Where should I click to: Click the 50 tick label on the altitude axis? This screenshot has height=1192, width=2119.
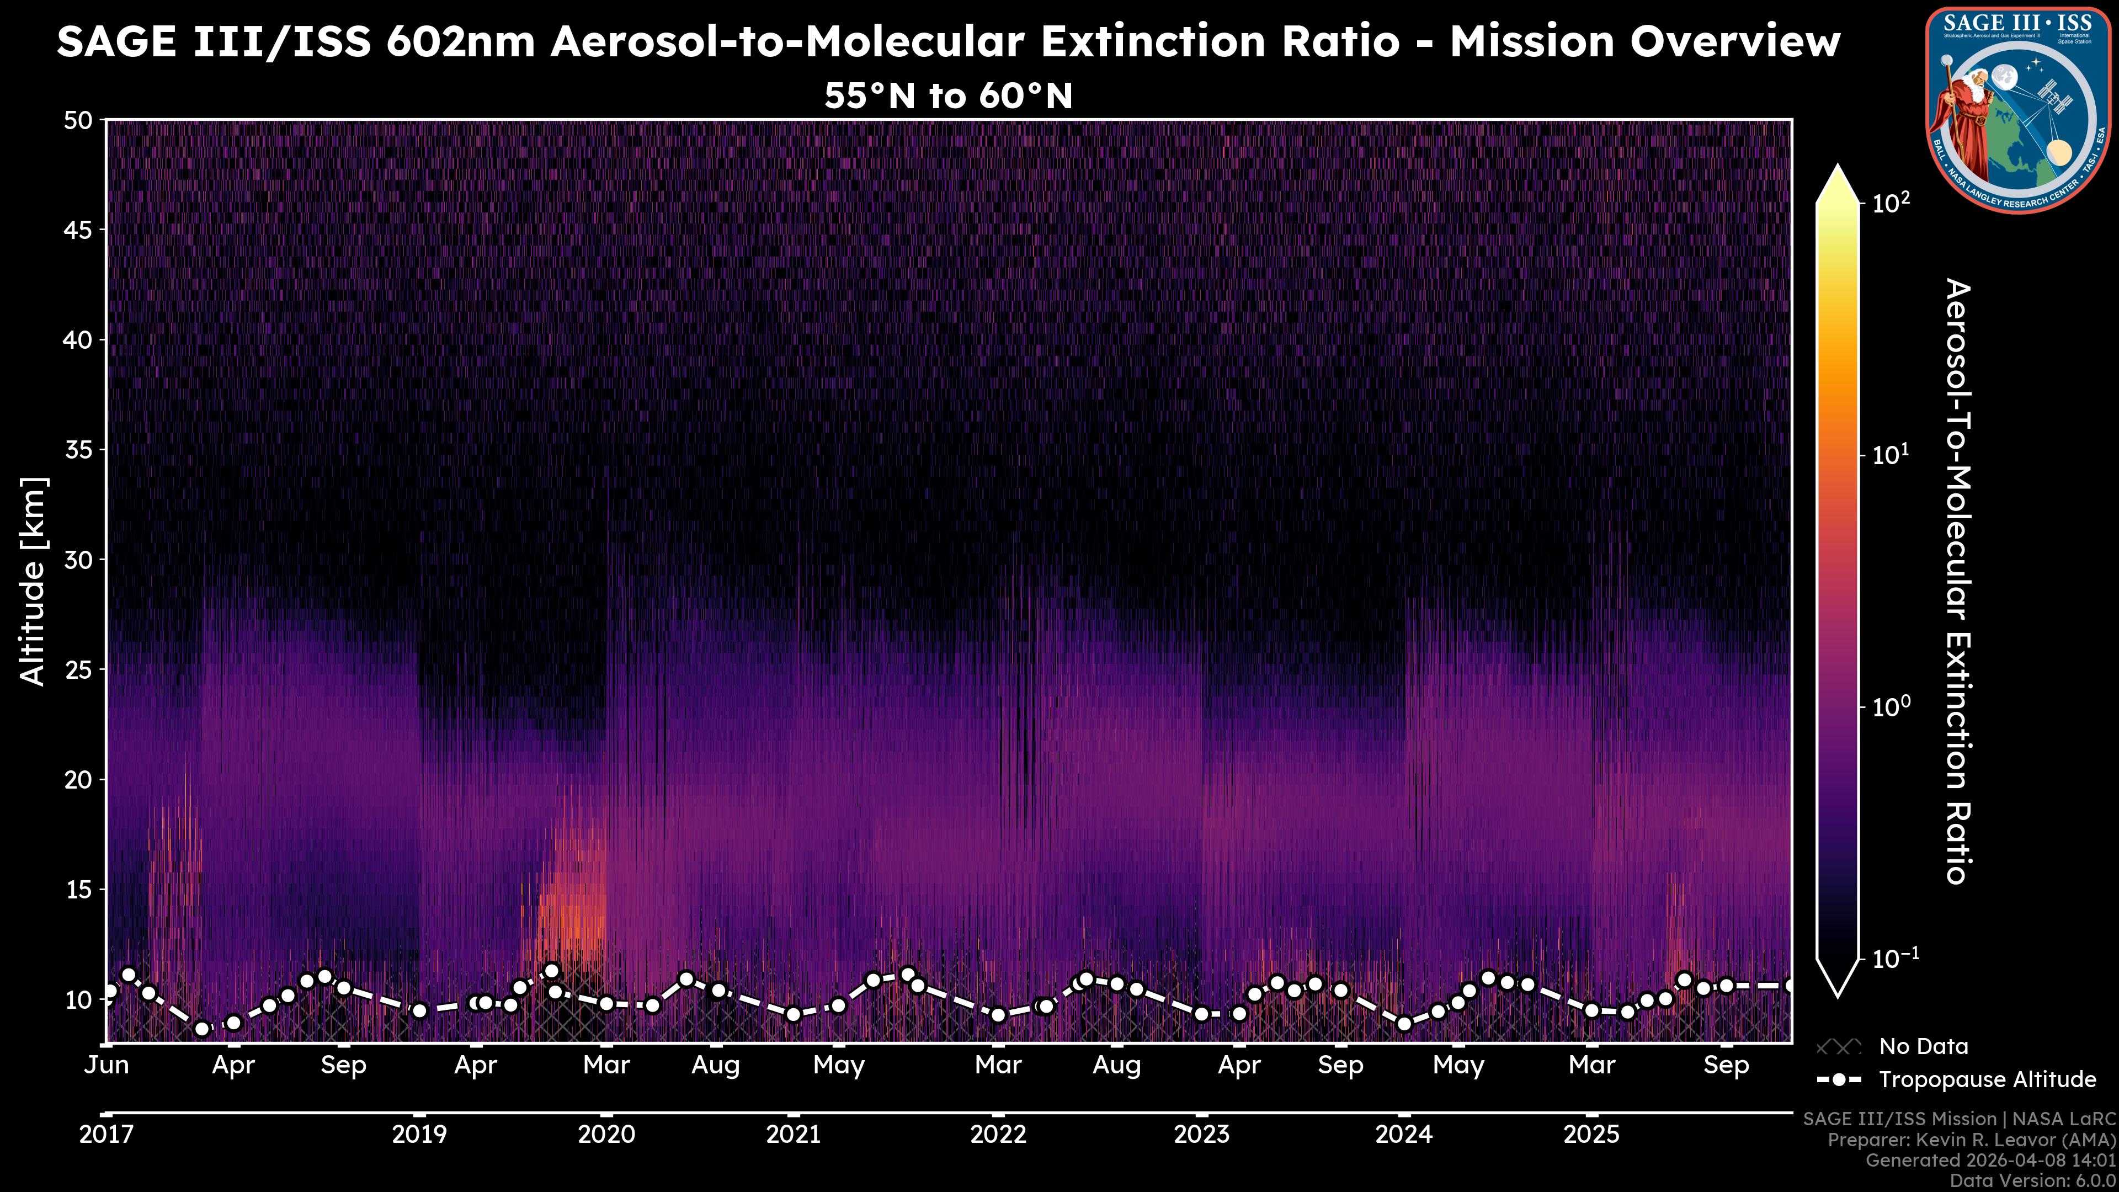tap(78, 121)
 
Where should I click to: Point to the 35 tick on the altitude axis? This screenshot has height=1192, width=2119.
tap(78, 450)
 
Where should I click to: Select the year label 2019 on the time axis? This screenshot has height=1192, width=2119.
tap(419, 1135)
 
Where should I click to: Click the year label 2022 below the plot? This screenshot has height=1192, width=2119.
tap(998, 1135)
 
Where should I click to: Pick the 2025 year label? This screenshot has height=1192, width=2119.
tap(1591, 1135)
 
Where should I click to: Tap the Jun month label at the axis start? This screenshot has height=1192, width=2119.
tap(107, 1065)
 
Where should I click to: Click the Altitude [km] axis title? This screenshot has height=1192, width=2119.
tap(34, 581)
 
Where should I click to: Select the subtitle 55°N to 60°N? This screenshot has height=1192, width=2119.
tap(949, 96)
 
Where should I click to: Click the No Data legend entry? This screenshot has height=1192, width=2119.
tap(1923, 1046)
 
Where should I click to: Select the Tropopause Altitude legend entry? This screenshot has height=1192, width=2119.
tap(1987, 1079)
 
